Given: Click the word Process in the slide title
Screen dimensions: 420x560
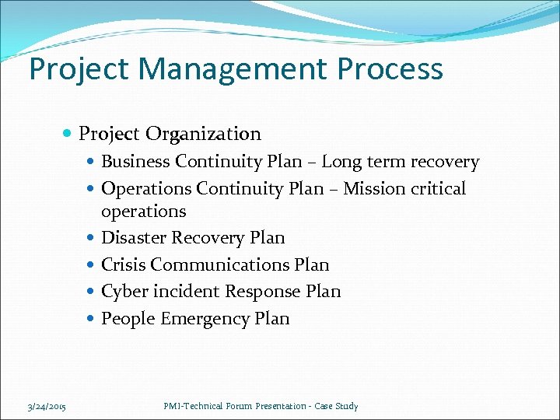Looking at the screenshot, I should pyautogui.click(x=390, y=68).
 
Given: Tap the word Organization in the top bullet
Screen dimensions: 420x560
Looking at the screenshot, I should pyautogui.click(x=203, y=135).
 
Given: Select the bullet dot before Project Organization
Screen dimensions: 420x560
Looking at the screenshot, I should pyautogui.click(x=69, y=135).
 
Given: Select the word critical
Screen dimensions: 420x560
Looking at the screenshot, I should pyautogui.click(x=439, y=189).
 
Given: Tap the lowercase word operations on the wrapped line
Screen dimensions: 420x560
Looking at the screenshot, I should pyautogui.click(x=144, y=212).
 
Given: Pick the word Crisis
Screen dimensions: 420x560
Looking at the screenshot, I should pyautogui.click(x=123, y=265).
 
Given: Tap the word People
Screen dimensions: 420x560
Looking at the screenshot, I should pyautogui.click(x=128, y=319).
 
